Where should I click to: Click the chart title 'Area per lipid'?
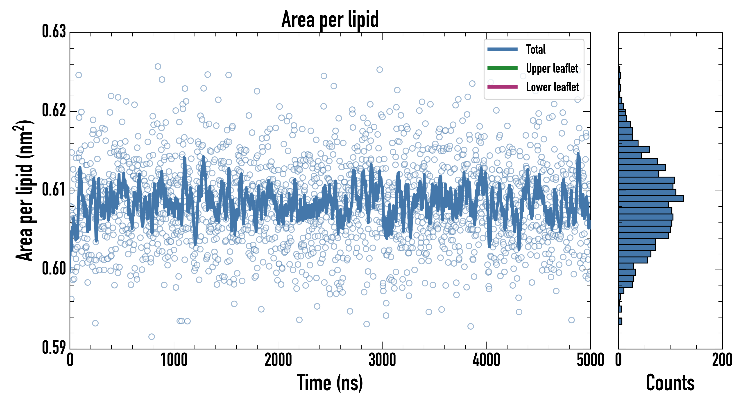click(x=330, y=19)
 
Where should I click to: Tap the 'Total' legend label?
click(x=536, y=49)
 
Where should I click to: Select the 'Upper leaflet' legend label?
click(x=552, y=68)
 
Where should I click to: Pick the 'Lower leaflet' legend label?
click(x=552, y=87)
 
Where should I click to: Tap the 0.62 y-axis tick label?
click(x=54, y=110)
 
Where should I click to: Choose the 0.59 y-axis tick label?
click(x=54, y=347)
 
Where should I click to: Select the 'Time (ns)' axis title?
click(x=330, y=383)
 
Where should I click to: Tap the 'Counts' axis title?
click(x=670, y=383)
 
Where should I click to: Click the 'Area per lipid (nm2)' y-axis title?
click(x=25, y=191)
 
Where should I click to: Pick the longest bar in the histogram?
click(x=651, y=198)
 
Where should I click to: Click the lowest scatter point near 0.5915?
click(x=152, y=336)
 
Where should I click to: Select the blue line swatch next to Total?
click(x=502, y=49)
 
